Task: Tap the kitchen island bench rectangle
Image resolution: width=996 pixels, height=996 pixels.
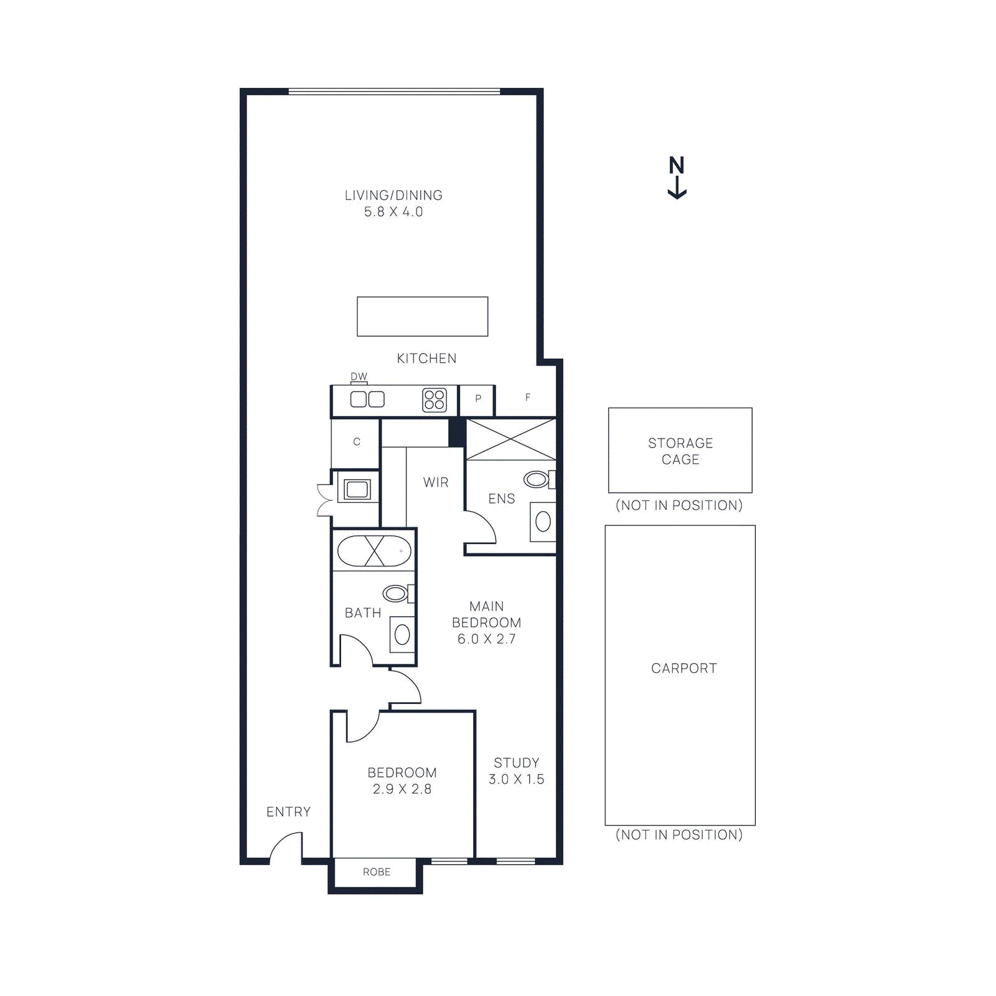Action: pos(422,316)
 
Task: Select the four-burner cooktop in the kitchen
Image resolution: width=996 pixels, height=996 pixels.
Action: pos(435,400)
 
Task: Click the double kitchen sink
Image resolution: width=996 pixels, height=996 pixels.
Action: pos(367,399)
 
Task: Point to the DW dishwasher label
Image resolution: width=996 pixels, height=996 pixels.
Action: pos(359,377)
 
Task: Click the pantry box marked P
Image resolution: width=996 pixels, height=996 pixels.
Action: pos(477,399)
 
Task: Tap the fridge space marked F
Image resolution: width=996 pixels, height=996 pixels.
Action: pos(527,398)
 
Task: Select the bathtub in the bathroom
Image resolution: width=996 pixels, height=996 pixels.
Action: pos(374,551)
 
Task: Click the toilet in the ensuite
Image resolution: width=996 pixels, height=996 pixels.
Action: pos(537,479)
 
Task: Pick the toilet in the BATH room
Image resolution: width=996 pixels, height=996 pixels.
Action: pos(396,593)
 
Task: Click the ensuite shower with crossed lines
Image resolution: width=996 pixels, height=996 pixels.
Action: pos(510,439)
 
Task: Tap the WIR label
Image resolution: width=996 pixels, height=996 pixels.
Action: pos(435,482)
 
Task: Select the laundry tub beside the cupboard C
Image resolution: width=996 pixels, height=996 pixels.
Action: pos(357,489)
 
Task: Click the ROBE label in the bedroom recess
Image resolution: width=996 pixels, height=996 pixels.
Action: pos(377,872)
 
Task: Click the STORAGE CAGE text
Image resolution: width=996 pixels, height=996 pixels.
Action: pos(680,451)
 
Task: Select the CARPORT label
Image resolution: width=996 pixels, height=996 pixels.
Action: pos(684,669)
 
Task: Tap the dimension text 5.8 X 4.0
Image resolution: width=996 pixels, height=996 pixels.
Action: pos(393,212)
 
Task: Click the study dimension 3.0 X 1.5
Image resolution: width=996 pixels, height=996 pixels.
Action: pos(516,779)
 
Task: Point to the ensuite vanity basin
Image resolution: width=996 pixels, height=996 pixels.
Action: pos(543,522)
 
